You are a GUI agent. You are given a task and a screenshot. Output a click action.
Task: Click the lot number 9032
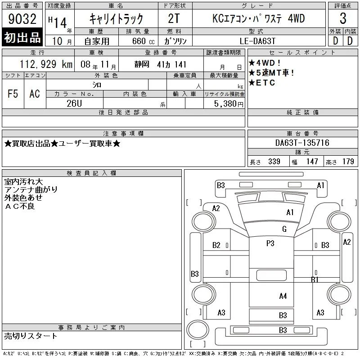coord(22,19)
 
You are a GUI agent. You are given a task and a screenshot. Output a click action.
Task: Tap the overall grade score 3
coord(343,18)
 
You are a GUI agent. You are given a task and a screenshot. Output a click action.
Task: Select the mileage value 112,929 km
coord(46,64)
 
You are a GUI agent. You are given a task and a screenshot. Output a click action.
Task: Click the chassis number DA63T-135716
coord(302,143)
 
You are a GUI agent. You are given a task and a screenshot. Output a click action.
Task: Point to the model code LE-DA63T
coord(257,41)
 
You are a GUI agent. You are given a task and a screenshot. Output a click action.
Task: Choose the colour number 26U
coord(74,103)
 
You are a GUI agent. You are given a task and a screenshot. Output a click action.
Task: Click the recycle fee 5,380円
coord(229,104)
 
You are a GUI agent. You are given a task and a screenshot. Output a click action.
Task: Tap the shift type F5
coord(13,94)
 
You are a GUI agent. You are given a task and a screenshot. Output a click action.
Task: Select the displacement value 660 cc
coord(143,41)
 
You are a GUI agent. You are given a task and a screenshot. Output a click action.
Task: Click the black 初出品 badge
coord(22,37)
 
